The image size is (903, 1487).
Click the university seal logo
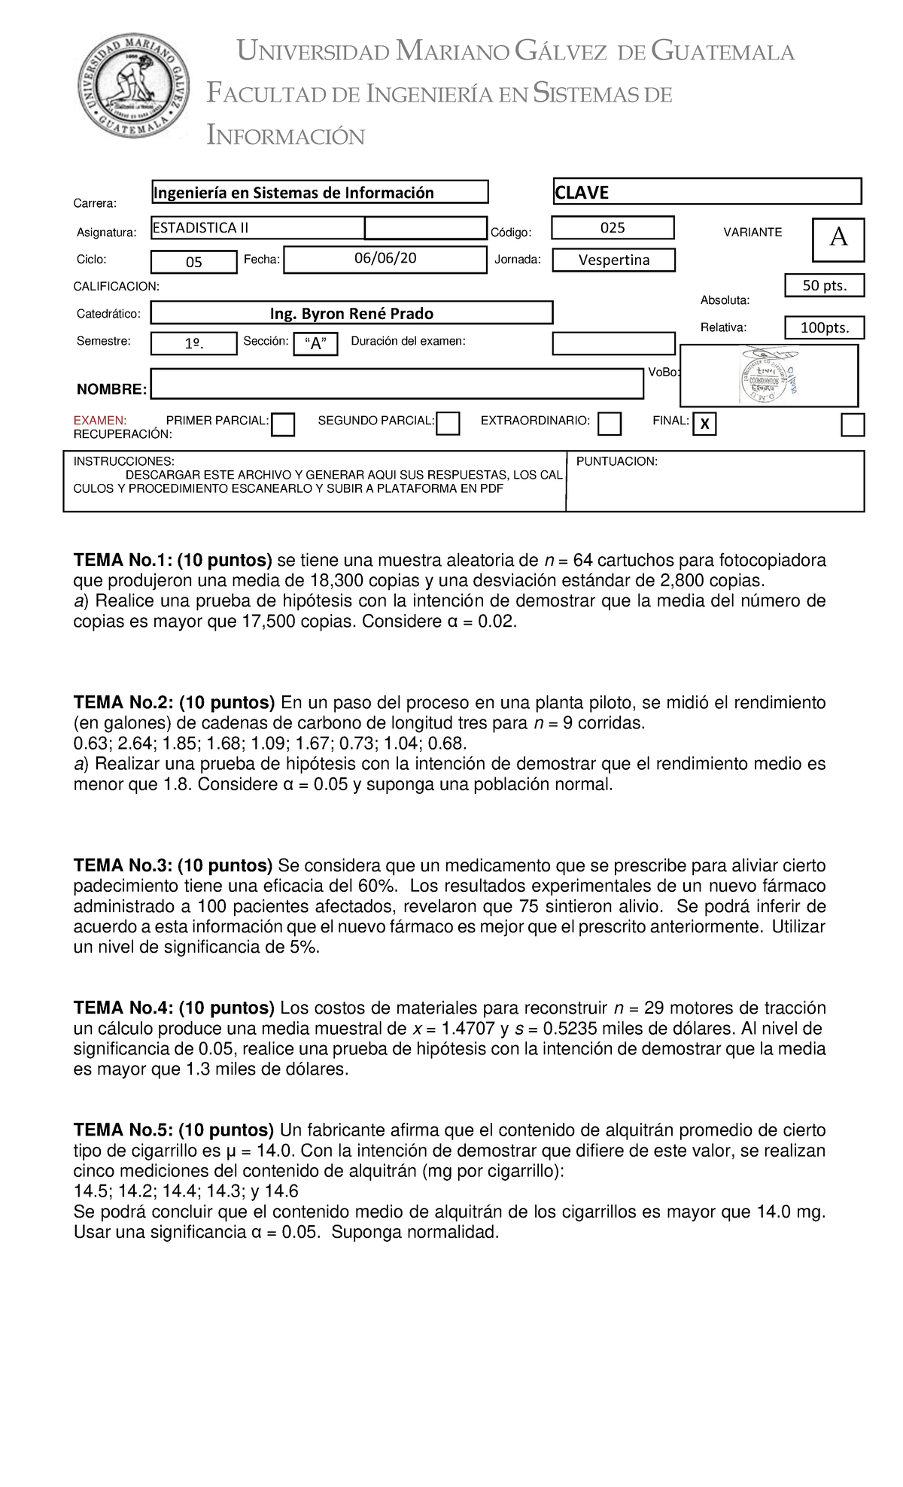point(135,84)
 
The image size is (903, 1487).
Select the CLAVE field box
point(707,192)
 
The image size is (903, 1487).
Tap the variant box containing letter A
point(838,239)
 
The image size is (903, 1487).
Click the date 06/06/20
point(385,259)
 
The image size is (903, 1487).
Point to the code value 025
point(612,227)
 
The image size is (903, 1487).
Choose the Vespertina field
point(613,260)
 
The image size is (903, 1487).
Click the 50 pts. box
point(824,286)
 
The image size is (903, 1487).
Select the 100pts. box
point(824,328)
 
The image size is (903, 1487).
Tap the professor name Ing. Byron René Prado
point(351,313)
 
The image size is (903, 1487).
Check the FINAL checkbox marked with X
point(704,424)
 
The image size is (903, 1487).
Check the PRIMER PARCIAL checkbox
point(283,424)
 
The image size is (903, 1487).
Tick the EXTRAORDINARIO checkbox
point(610,424)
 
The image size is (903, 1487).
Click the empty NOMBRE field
point(397,384)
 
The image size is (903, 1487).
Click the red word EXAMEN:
point(100,421)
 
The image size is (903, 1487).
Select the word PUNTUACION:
point(616,461)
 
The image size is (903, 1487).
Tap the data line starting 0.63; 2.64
point(270,743)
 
